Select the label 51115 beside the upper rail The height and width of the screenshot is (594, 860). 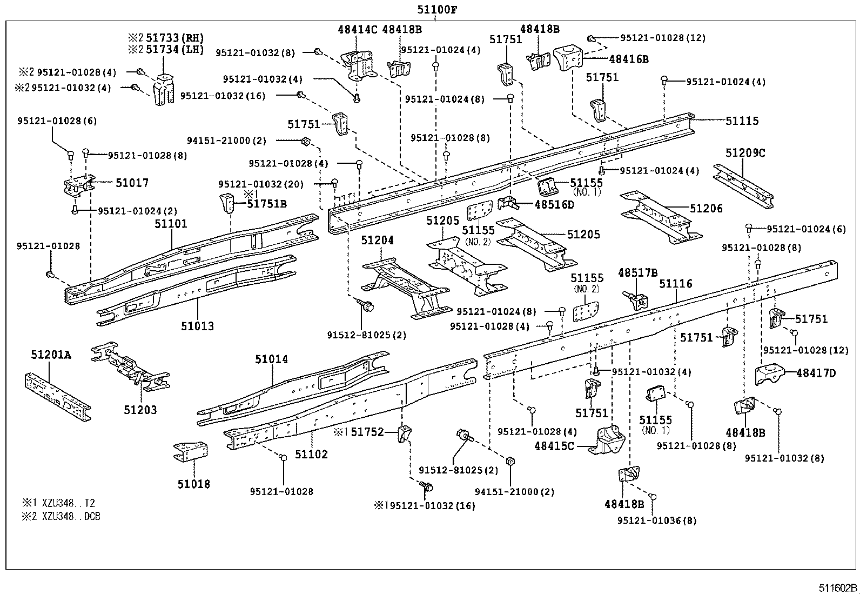742,121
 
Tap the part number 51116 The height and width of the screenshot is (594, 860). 675,284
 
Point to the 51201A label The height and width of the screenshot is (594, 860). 51,355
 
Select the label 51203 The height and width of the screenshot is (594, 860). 140,410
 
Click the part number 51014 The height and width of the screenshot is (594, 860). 272,359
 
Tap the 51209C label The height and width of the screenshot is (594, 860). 745,153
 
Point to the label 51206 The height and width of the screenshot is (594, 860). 706,209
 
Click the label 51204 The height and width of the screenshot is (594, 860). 378,241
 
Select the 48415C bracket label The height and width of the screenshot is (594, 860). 554,446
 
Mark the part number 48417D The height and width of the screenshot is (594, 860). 816,372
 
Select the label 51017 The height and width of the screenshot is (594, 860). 132,183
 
